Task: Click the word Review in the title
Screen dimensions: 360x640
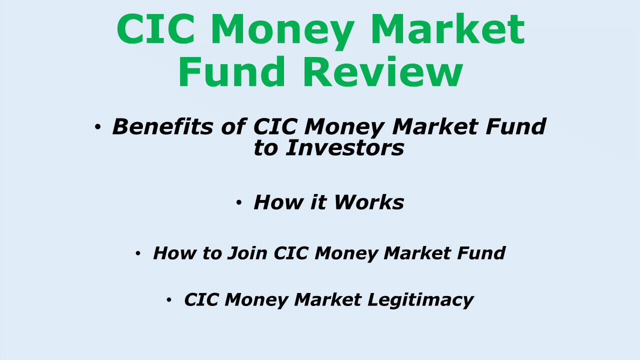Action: point(382,73)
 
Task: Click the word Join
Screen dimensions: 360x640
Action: point(248,253)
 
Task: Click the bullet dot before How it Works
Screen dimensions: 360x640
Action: point(239,203)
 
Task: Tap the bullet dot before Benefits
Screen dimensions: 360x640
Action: point(97,127)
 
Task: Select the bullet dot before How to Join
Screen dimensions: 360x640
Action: point(138,254)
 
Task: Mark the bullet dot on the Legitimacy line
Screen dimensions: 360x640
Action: point(169,300)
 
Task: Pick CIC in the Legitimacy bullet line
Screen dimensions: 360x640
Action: point(201,299)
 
